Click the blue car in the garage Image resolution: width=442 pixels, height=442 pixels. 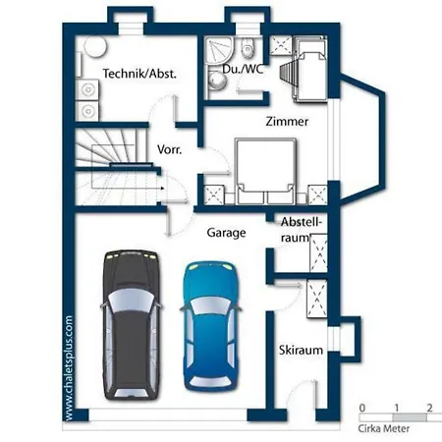click(x=210, y=326)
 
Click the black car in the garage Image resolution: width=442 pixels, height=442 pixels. click(x=131, y=325)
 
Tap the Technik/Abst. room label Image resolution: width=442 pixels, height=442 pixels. click(x=139, y=74)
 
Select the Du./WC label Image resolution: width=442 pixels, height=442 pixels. click(x=243, y=70)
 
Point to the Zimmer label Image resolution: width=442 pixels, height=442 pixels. click(x=287, y=122)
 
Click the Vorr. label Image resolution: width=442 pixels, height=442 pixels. click(x=169, y=149)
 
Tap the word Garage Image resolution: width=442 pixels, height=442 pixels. click(x=226, y=233)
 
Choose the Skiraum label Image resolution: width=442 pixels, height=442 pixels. click(x=301, y=350)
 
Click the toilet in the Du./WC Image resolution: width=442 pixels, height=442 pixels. click(x=248, y=47)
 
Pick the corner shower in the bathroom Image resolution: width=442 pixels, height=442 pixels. click(x=219, y=51)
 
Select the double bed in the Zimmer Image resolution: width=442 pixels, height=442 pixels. click(x=266, y=171)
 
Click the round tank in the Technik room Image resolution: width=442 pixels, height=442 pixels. click(x=95, y=47)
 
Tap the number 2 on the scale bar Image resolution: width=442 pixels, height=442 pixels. click(x=429, y=408)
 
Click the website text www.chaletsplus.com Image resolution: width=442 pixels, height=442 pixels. click(x=69, y=368)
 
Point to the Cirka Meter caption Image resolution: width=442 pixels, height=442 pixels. click(x=383, y=428)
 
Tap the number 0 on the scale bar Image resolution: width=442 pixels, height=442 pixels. click(x=361, y=408)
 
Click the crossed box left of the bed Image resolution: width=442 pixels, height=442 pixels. click(x=214, y=194)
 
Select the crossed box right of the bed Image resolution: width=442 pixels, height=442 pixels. click(x=317, y=194)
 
